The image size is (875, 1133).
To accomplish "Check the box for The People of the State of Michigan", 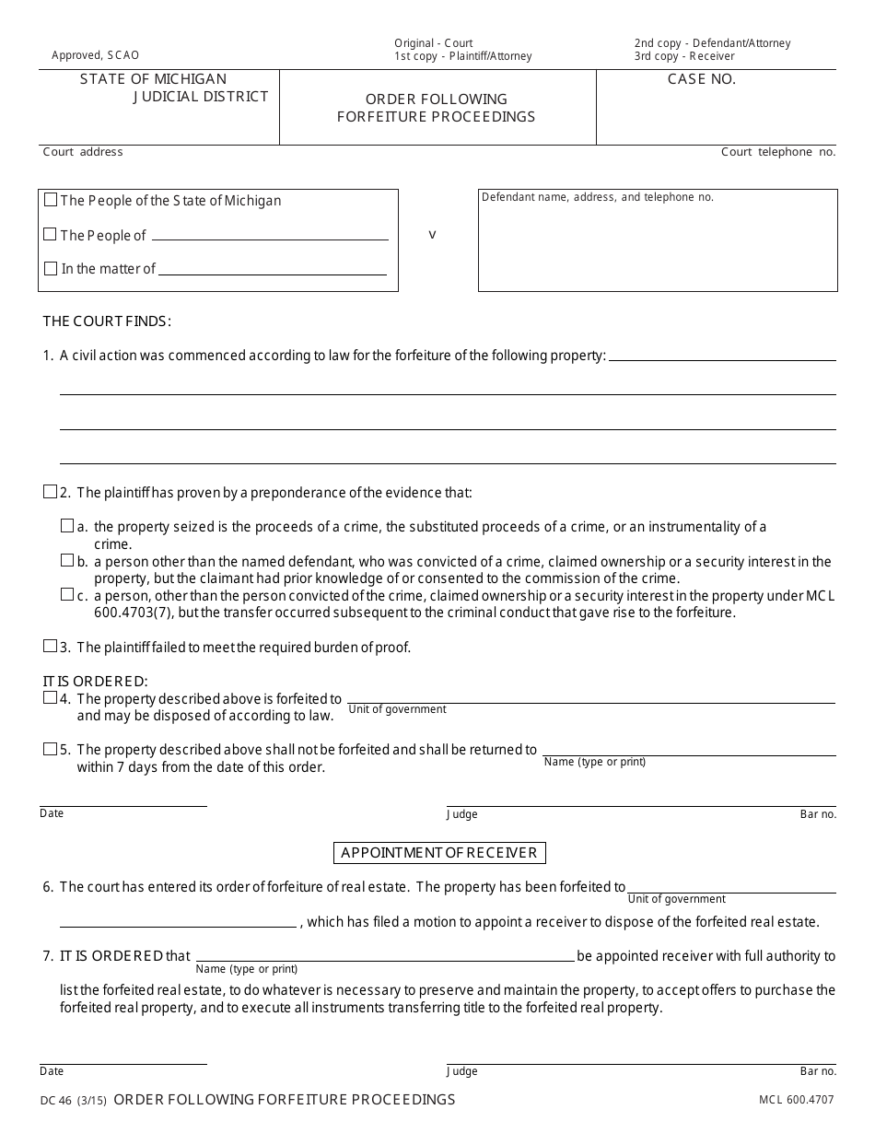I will point(51,200).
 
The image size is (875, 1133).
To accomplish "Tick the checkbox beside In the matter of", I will point(51,269).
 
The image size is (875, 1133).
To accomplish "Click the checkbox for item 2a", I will point(67,526).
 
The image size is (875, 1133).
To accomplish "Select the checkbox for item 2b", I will point(67,560).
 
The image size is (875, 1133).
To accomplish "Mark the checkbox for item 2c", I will point(67,595).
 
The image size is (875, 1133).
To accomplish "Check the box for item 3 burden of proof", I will point(50,647).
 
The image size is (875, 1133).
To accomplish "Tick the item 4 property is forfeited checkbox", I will point(50,698).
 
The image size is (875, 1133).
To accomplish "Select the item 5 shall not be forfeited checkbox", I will point(50,749).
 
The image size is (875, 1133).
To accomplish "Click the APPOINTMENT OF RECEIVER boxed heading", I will point(439,853).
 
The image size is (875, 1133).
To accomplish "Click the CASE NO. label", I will point(702,79).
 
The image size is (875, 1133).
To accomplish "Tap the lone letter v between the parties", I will point(432,235).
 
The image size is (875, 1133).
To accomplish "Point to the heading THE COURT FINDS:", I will point(107,321).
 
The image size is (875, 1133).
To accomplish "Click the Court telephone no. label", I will point(778,152).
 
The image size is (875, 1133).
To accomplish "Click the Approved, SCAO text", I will point(96,55).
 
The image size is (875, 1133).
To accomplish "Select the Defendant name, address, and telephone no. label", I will point(598,197).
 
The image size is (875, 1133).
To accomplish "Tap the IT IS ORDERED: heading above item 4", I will point(95,682).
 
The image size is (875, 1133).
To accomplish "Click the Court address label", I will point(83,152).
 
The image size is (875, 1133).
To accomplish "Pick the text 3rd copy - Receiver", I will point(684,56).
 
